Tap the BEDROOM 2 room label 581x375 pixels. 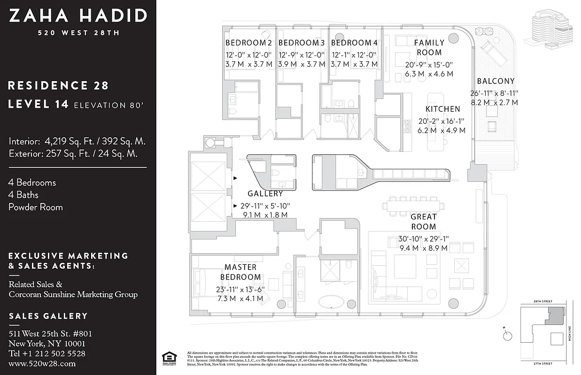pos(248,43)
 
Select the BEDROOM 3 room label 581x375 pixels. pos(301,43)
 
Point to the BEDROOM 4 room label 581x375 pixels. pos(354,43)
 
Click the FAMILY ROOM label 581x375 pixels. pos(429,47)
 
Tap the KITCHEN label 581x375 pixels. pos(442,109)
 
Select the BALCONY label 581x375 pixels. pos(496,81)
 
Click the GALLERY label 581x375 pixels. pos(265,194)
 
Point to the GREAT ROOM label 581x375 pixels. pos(423,221)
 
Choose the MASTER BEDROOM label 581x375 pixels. pos(240,272)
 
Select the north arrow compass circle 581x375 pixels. pos(507,336)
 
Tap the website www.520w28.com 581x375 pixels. pos(42,363)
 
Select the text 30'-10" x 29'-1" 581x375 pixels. pos(423,238)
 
